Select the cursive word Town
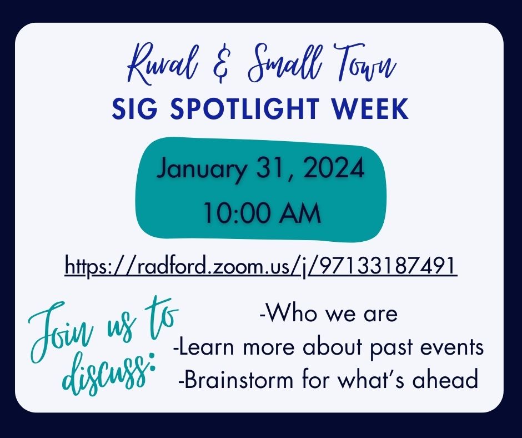364,63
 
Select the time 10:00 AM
262,213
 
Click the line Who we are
328,313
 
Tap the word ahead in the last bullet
445,379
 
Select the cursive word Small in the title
285,63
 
